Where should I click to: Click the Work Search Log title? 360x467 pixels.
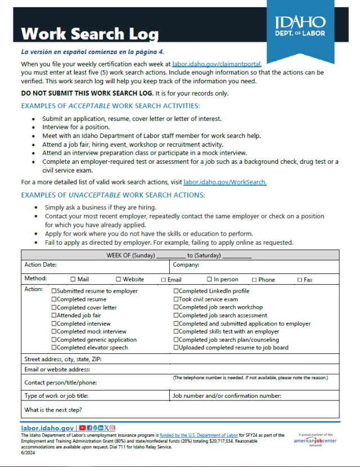point(89,34)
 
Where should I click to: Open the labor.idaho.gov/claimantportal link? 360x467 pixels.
point(217,65)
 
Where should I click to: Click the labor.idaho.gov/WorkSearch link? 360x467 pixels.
point(225,182)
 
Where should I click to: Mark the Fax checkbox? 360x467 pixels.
point(300,280)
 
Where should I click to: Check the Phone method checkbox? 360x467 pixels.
point(254,280)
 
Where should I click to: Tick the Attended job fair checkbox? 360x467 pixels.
point(54,316)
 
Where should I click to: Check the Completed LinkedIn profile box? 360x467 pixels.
point(176,291)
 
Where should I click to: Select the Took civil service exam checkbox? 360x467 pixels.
point(176,299)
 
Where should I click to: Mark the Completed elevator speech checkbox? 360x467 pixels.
point(54,348)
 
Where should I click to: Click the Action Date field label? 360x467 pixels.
point(40,264)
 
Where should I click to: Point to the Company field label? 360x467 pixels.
point(186,264)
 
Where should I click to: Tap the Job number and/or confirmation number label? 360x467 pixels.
point(227,396)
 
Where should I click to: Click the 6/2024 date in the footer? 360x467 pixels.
point(27,452)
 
